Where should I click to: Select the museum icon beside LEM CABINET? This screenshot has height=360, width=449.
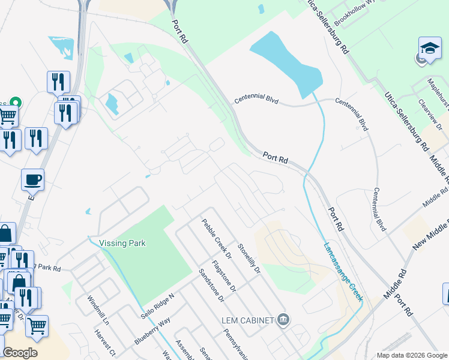[283, 320]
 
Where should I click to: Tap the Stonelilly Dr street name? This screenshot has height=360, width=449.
[249, 259]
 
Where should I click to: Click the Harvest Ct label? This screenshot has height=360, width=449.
[104, 341]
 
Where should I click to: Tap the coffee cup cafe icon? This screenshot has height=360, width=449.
[32, 179]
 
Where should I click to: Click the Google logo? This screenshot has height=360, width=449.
[20, 353]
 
